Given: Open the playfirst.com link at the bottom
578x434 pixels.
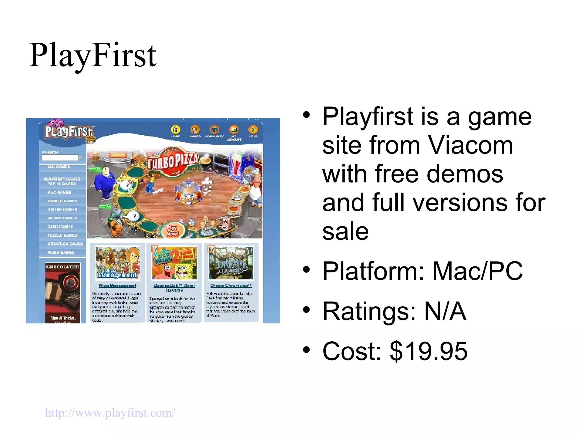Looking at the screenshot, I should [110, 413].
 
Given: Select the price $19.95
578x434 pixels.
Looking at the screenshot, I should [428, 351].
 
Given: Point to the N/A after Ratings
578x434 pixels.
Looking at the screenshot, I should [445, 311].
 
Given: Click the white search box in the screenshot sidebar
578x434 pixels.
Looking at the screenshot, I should [60, 158].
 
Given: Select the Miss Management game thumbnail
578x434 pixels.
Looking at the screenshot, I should [117, 263].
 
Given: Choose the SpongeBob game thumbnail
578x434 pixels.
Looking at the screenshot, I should [174, 263].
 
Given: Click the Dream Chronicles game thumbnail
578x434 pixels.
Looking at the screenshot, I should [231, 263].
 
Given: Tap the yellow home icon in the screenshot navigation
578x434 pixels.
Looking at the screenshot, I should [176, 130].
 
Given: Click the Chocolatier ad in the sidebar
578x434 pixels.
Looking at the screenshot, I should [63, 293].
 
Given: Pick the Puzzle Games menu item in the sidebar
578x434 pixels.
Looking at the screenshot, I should [62, 235].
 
